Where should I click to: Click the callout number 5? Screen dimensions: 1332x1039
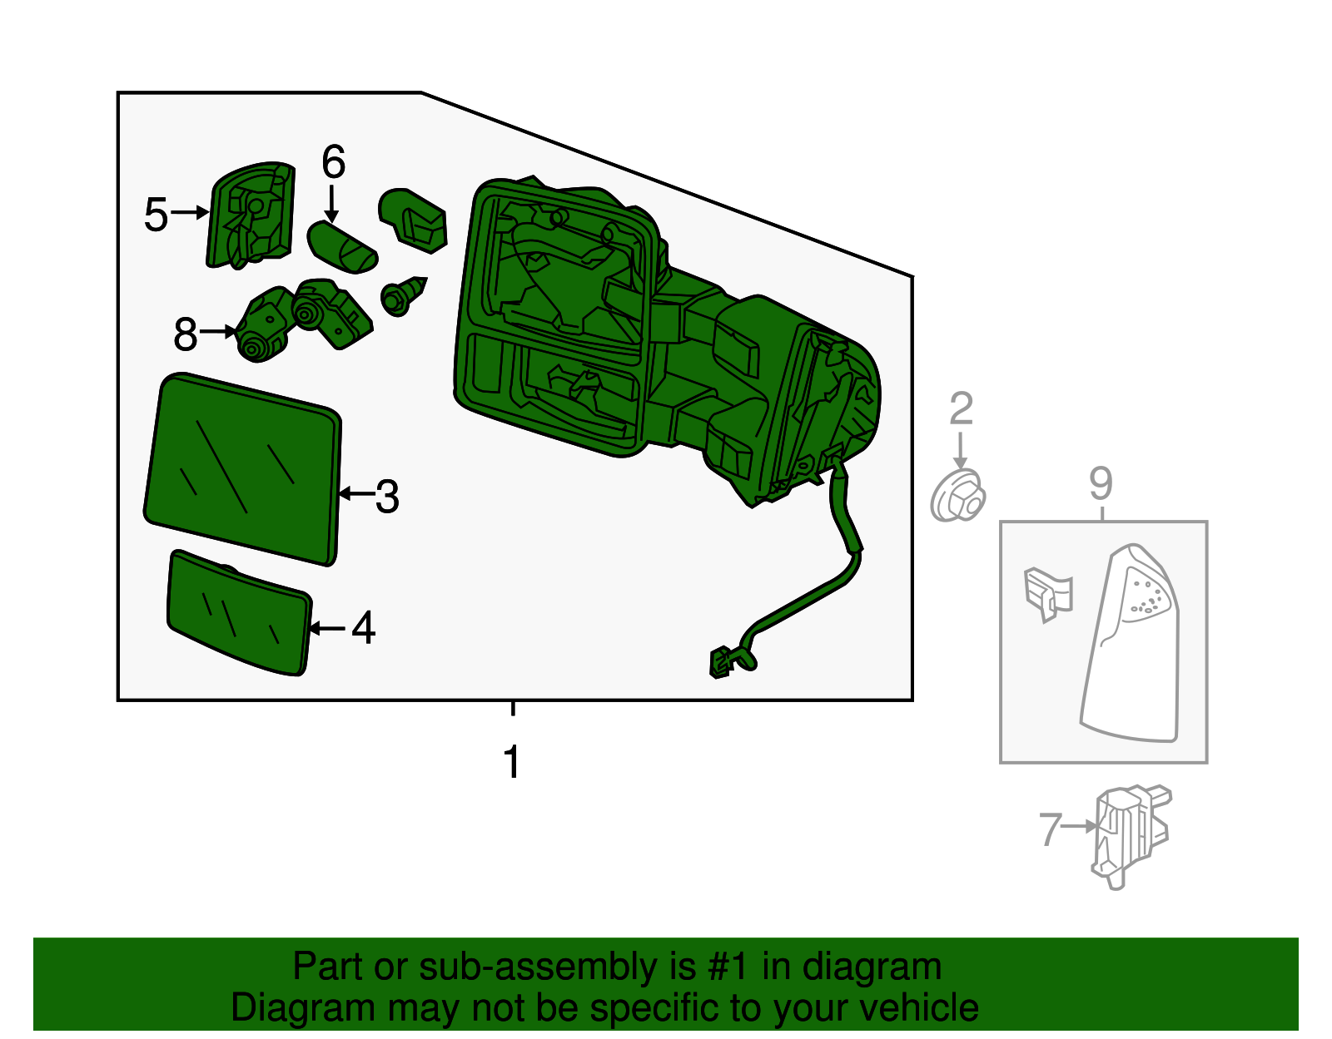click(x=156, y=215)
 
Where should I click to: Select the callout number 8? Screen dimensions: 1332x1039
click(x=186, y=334)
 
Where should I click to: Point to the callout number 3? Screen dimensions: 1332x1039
click(x=387, y=496)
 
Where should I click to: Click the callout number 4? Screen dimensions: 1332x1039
click(x=364, y=627)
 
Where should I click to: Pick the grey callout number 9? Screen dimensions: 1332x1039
click(x=1101, y=483)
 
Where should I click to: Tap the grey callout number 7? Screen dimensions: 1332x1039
click(x=1050, y=829)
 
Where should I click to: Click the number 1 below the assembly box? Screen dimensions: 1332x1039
click(x=513, y=762)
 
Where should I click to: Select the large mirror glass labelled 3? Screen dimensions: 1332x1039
click(x=243, y=468)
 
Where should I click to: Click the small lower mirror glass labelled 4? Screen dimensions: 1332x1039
click(x=239, y=612)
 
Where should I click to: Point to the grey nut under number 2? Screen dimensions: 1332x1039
click(x=957, y=495)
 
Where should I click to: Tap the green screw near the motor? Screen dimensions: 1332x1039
click(x=403, y=295)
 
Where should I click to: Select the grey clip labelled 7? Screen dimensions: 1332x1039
click(x=1131, y=836)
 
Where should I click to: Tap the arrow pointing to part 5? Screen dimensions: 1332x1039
click(x=190, y=212)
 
